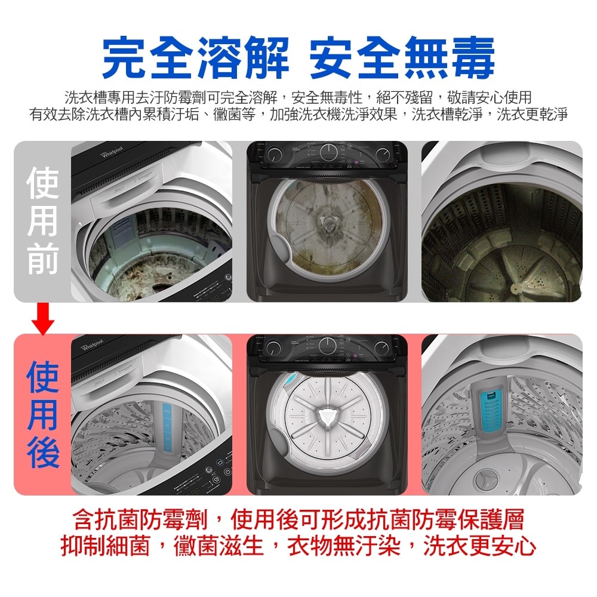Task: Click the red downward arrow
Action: click(43, 319)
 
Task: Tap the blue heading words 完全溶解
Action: click(195, 58)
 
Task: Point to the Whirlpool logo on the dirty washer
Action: click(113, 153)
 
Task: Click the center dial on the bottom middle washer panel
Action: click(328, 345)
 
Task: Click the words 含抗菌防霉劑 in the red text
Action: click(139, 520)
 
